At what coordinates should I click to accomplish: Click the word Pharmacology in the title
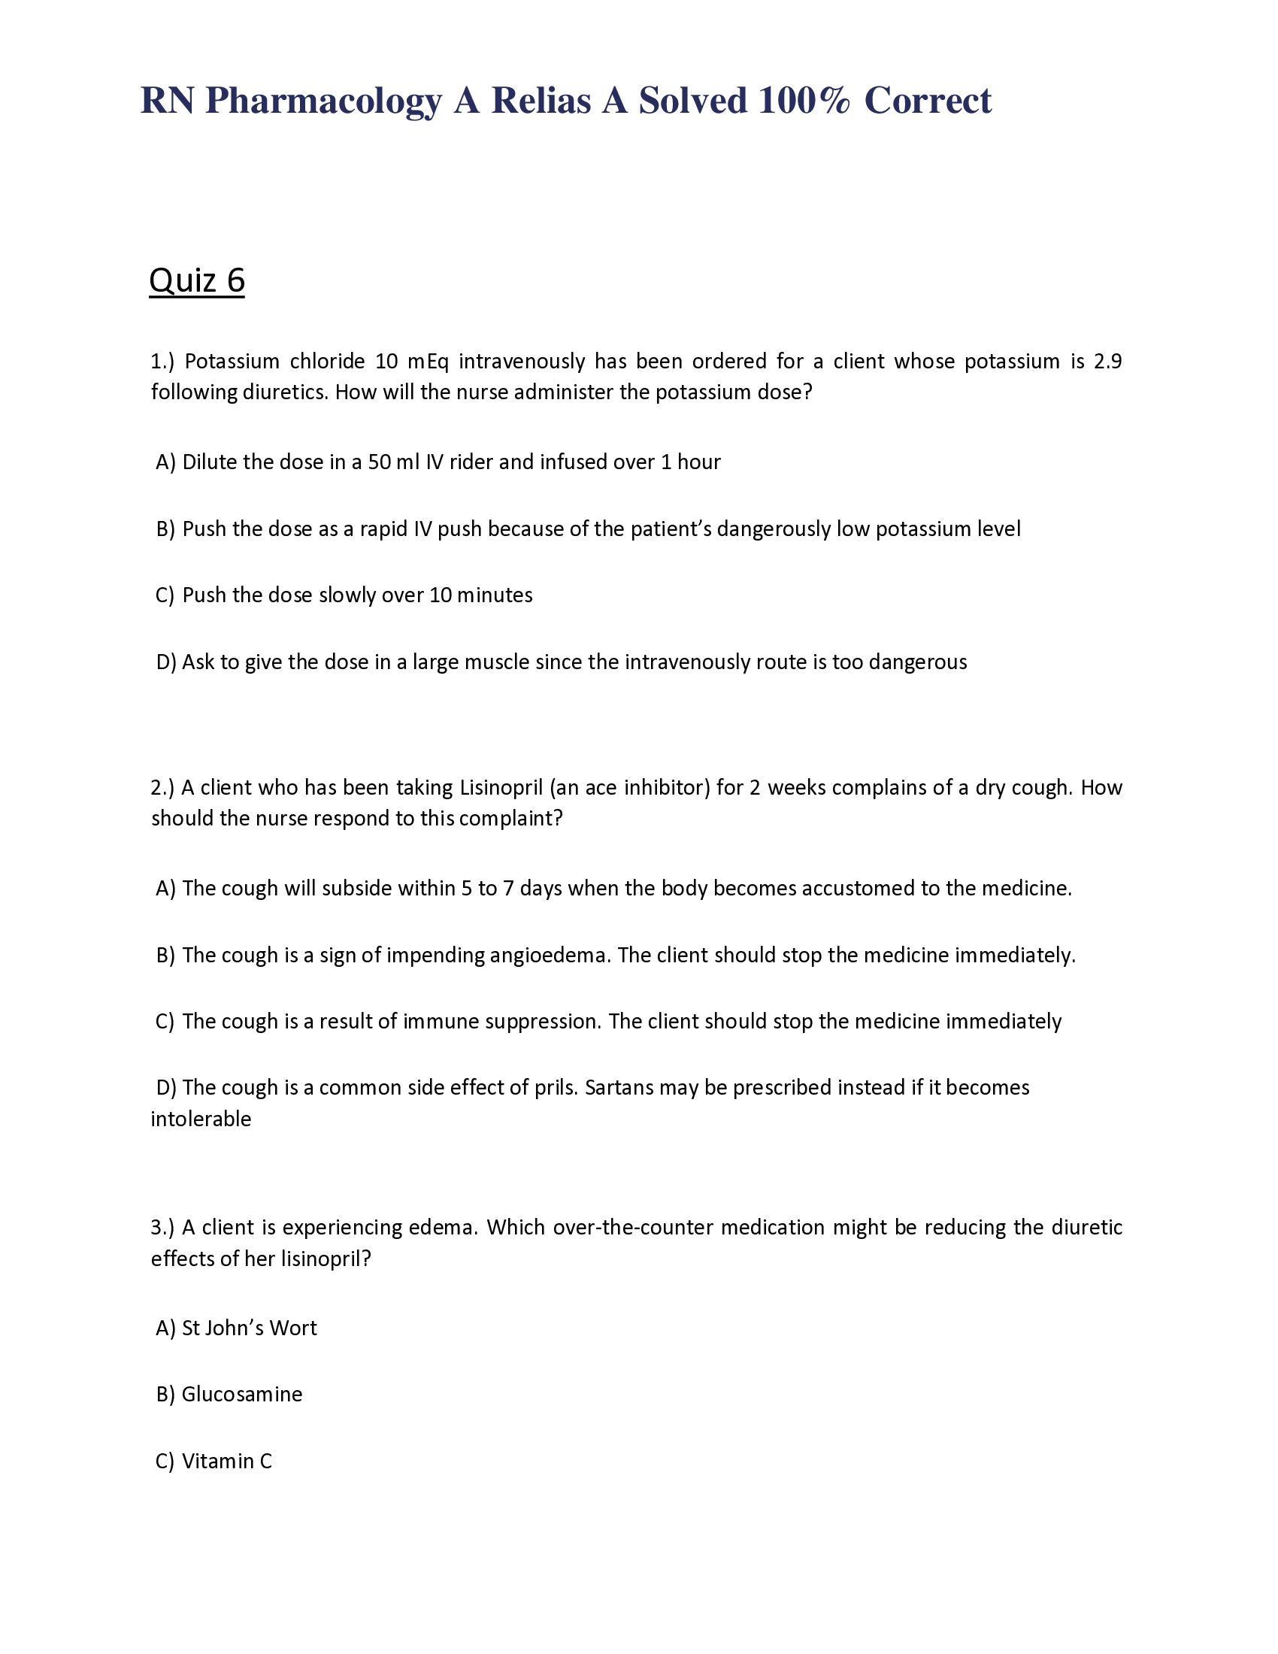(323, 101)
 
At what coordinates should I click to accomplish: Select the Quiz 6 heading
(197, 280)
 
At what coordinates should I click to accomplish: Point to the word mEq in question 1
(428, 361)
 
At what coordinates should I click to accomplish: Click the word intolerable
(201, 1119)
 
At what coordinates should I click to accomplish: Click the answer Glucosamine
(241, 1394)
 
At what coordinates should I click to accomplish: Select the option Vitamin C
(226, 1461)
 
